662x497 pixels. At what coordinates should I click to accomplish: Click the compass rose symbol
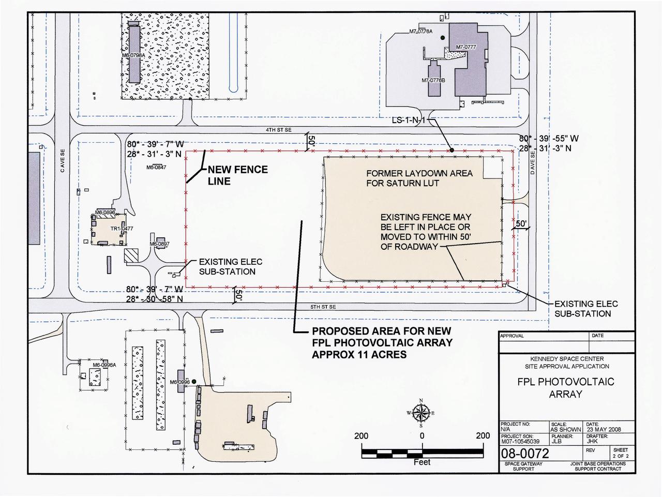click(422, 413)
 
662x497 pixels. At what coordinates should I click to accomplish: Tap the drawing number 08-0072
click(524, 454)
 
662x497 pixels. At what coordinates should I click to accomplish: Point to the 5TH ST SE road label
click(323, 307)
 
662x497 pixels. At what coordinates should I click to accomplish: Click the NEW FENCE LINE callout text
click(237, 175)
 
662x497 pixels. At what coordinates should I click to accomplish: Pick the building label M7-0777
click(465, 48)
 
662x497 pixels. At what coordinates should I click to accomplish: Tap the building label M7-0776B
click(433, 81)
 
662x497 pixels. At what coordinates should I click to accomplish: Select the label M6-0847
click(156, 167)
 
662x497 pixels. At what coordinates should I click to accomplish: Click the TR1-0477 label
click(122, 228)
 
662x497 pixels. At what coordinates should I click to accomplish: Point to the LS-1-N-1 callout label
click(408, 121)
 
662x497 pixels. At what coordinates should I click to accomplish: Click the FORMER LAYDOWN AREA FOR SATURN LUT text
click(419, 178)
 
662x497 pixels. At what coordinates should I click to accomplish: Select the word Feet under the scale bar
click(422, 462)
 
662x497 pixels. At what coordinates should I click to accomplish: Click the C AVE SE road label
click(62, 161)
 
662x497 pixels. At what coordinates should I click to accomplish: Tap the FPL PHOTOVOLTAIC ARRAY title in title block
click(566, 388)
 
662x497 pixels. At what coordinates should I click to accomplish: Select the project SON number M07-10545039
click(519, 442)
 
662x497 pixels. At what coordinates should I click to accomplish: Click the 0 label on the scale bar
click(422, 436)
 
